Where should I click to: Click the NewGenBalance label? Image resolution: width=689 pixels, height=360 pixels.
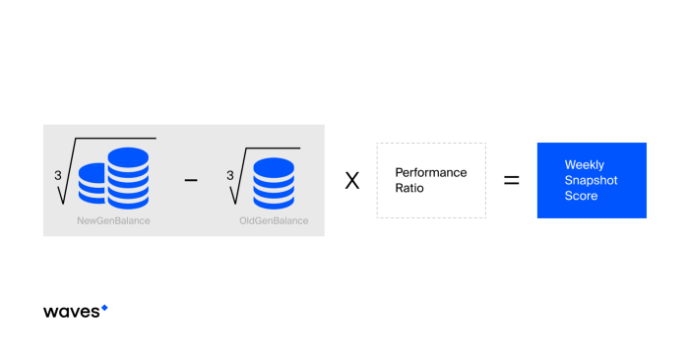[x=113, y=221]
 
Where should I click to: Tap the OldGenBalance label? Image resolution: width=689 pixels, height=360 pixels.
[x=274, y=221]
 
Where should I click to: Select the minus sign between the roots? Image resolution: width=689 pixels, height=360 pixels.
[x=191, y=180]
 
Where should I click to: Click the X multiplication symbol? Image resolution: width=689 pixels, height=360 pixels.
[x=352, y=180]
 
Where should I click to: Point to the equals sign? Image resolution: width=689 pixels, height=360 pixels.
[x=512, y=180]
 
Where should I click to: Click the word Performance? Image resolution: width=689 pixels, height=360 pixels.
[x=431, y=172]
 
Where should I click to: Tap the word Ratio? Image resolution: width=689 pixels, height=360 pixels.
[x=409, y=188]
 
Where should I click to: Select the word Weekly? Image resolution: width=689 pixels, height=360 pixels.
[x=585, y=164]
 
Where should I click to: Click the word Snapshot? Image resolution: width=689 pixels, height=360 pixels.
[x=591, y=180]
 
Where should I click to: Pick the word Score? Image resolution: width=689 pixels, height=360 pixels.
[x=581, y=196]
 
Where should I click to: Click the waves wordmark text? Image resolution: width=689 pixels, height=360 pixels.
[x=72, y=312]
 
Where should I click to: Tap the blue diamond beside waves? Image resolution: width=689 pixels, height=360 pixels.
[x=104, y=308]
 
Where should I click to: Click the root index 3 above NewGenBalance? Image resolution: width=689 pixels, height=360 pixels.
[x=57, y=176]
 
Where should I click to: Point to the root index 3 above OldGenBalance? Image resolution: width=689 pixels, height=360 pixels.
[x=229, y=176]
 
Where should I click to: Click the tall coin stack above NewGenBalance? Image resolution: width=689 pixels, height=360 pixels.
[x=128, y=178]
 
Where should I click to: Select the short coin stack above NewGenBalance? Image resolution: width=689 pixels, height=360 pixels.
[x=93, y=184]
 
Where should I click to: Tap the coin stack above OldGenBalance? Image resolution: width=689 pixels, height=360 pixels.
[x=274, y=183]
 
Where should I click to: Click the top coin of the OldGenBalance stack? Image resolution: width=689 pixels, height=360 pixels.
[x=274, y=167]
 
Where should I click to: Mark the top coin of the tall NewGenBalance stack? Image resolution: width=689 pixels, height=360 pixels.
[x=128, y=157]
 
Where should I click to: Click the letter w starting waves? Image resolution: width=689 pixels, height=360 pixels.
[x=49, y=312]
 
